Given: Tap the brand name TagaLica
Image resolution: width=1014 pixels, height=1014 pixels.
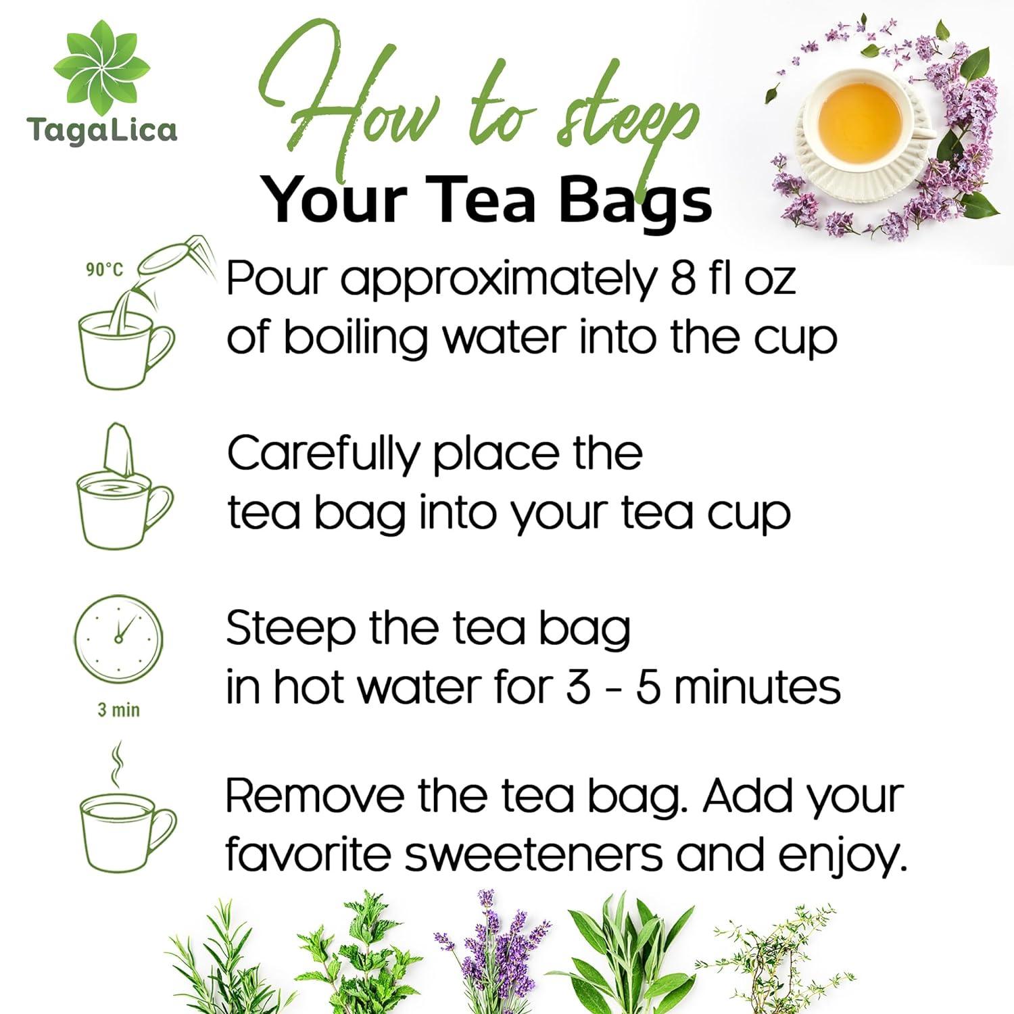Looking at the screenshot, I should click(102, 129).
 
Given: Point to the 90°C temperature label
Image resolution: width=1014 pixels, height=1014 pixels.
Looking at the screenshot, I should click(104, 270).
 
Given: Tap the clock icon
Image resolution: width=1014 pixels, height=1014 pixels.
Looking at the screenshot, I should click(118, 639).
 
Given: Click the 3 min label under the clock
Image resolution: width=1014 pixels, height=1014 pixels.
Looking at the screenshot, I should click(118, 710).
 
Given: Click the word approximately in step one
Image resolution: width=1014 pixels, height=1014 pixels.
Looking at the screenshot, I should click(499, 279).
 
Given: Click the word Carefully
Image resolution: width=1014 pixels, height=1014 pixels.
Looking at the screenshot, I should click(323, 454).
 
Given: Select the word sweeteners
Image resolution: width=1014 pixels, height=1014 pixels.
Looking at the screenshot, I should click(534, 855).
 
